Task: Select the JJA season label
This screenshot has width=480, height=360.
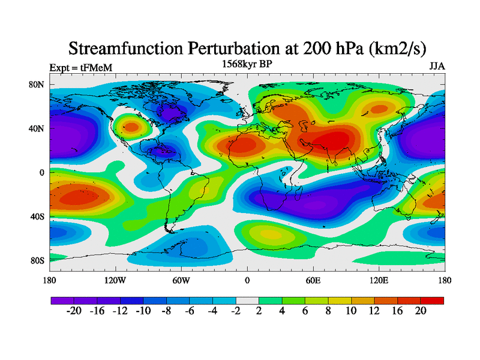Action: click(437, 67)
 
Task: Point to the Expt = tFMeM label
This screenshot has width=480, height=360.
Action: click(81, 68)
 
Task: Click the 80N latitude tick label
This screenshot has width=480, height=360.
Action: click(37, 85)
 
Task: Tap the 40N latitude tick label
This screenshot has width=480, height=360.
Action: click(37, 128)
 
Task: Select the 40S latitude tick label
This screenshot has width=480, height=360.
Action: click(37, 217)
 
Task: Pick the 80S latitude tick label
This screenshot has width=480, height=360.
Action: click(37, 260)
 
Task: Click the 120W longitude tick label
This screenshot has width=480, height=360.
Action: click(115, 280)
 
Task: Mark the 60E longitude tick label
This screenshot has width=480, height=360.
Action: click(313, 280)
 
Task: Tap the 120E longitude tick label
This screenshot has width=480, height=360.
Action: click(379, 280)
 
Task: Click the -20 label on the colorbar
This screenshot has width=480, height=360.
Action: click(74, 311)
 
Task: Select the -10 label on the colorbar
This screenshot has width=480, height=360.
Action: click(143, 311)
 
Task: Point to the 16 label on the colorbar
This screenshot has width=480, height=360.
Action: click(397, 311)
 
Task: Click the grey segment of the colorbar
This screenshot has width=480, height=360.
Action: click(247, 301)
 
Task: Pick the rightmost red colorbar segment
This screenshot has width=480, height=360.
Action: click(432, 301)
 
